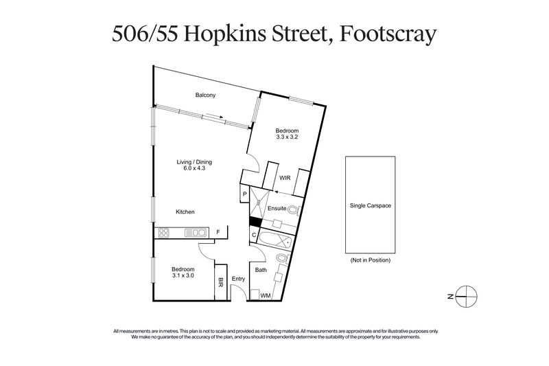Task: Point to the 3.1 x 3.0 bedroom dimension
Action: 183,275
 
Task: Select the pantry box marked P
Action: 244,196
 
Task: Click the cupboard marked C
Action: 253,236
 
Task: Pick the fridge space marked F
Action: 218,232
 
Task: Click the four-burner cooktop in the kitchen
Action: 163,233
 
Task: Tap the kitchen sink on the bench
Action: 187,233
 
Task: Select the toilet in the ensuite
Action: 293,209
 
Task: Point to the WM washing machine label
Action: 265,295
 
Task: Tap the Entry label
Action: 238,278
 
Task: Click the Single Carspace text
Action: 370,205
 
